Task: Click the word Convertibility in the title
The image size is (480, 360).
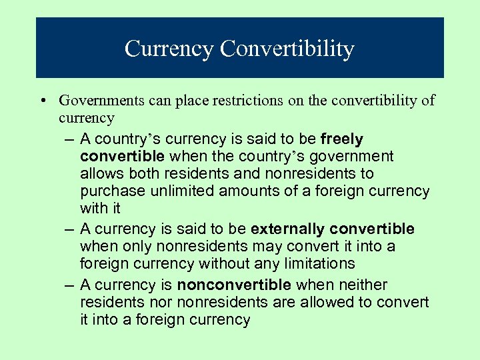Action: [287, 49]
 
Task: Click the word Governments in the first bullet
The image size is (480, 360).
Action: [99, 101]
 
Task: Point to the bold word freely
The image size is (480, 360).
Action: [342, 139]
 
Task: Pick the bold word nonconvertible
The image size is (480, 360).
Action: [234, 285]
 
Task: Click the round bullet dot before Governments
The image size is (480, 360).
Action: [42, 101]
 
